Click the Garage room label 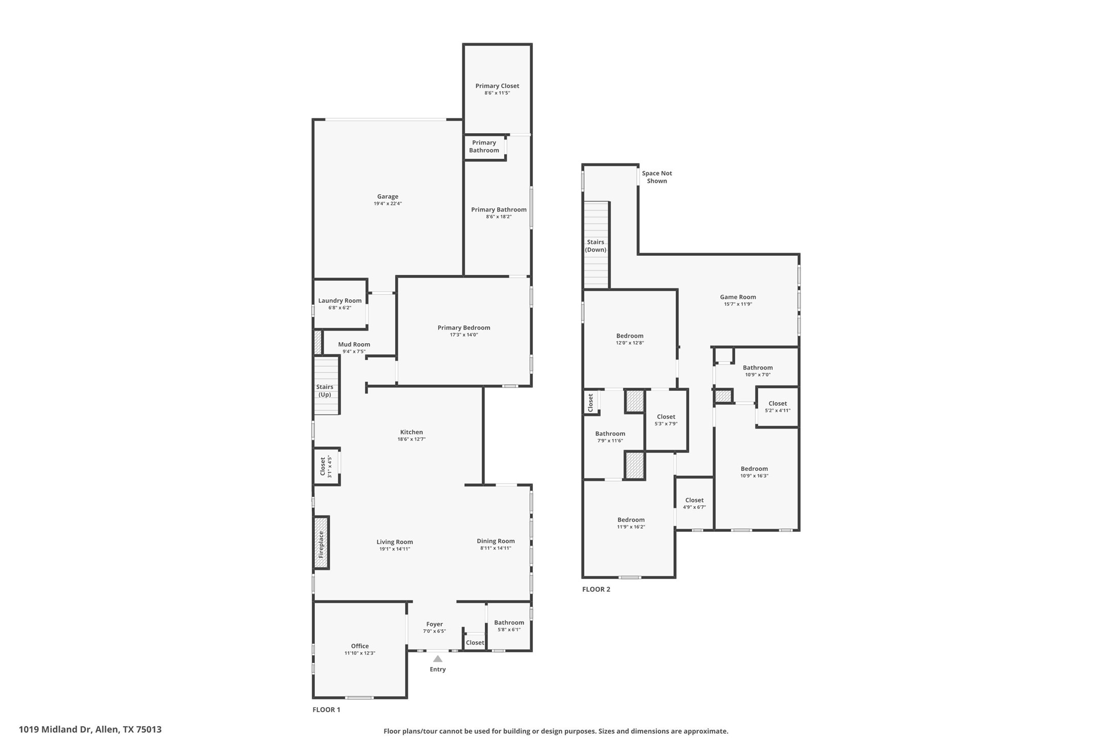[x=388, y=196]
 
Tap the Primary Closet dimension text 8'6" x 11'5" [x=497, y=93]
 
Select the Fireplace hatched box [x=321, y=543]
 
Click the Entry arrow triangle [x=438, y=659]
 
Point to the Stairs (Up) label [x=325, y=390]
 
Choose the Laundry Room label [x=340, y=301]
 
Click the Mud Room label [x=354, y=344]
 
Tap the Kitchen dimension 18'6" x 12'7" [x=412, y=439]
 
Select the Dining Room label [x=496, y=541]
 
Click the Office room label [x=360, y=646]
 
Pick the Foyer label [x=435, y=624]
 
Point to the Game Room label [x=738, y=297]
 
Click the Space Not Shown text [x=657, y=177]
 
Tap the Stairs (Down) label [x=595, y=246]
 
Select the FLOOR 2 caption [x=596, y=589]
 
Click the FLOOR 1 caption [x=326, y=710]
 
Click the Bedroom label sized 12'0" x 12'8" [x=630, y=336]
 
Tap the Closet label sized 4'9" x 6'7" [x=694, y=500]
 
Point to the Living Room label [x=395, y=542]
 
